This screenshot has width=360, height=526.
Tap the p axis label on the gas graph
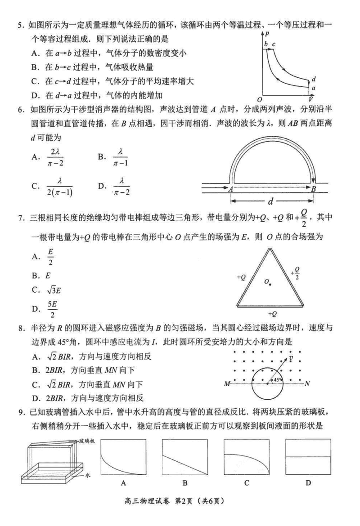tap(267, 34)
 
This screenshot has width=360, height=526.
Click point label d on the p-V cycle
tap(313, 79)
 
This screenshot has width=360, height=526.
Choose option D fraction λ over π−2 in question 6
tap(121, 186)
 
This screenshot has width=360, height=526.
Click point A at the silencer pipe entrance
tap(230, 189)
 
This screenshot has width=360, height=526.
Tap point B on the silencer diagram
tap(313, 189)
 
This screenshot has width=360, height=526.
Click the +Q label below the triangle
tap(272, 313)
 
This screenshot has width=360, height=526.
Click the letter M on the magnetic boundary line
tap(226, 384)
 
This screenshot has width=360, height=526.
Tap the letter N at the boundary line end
tap(307, 384)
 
